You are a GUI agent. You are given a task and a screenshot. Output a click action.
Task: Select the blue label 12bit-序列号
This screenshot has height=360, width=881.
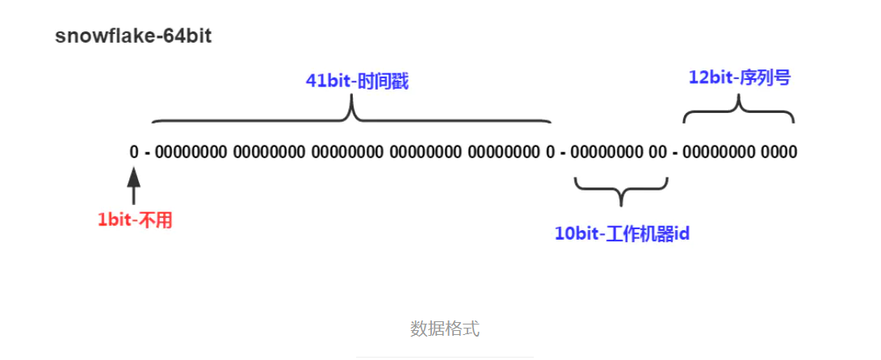tap(739, 77)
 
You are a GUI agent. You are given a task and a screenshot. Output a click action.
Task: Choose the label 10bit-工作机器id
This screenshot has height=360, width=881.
tap(622, 234)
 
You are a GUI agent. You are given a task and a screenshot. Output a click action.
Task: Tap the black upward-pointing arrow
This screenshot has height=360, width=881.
tap(134, 184)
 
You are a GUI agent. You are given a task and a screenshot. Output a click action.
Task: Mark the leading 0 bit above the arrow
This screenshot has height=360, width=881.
tap(134, 152)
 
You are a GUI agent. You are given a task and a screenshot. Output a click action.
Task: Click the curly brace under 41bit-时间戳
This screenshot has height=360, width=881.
tap(351, 113)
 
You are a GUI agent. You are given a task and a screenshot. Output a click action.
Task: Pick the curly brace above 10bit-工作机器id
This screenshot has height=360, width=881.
tap(622, 190)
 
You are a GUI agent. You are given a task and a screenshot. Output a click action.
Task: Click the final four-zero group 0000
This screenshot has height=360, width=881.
tap(778, 152)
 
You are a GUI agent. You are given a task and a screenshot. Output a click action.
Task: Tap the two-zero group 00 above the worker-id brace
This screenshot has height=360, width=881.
tap(658, 152)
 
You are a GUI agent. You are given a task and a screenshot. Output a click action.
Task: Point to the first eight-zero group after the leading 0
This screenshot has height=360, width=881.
tap(190, 152)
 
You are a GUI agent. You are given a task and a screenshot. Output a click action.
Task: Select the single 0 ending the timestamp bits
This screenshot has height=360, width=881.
tap(551, 152)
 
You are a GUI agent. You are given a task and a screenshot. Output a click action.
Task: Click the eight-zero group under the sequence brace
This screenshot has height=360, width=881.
tap(719, 152)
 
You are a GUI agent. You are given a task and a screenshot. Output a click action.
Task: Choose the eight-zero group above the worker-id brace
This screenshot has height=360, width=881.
tap(606, 152)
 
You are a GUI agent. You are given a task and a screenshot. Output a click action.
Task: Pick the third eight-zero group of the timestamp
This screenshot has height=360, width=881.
tap(346, 152)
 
